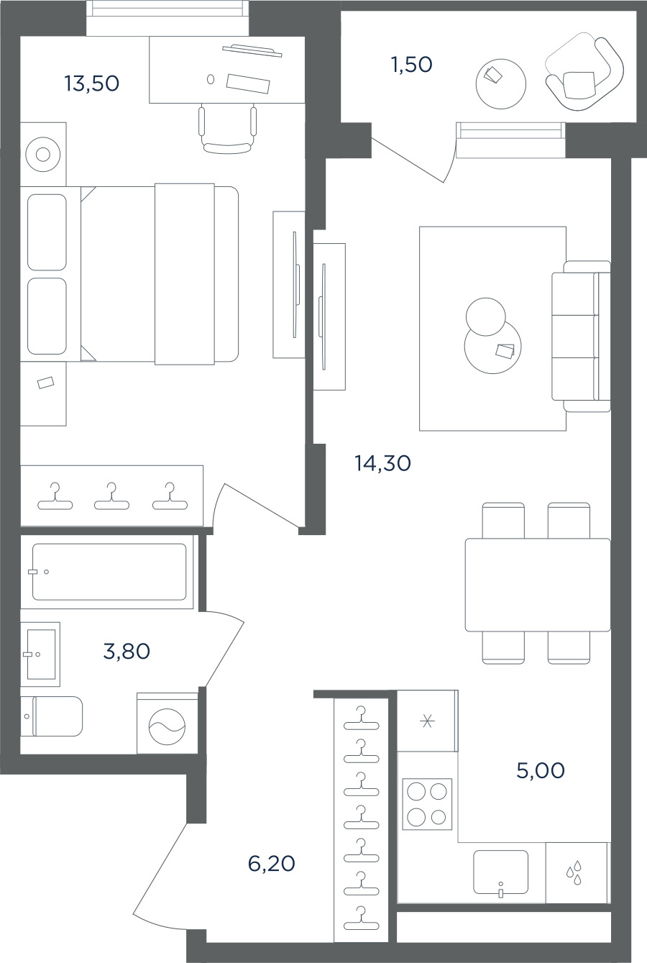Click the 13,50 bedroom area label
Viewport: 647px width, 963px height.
[x=92, y=83]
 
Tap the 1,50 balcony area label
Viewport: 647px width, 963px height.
[x=412, y=65]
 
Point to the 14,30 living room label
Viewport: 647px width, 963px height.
[x=382, y=463]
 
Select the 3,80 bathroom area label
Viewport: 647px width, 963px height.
[x=127, y=652]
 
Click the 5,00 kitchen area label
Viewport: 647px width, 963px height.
[x=541, y=770]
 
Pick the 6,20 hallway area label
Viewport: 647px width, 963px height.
[x=272, y=863]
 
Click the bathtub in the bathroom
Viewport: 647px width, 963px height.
[x=109, y=572]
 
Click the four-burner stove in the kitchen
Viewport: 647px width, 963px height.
[x=427, y=804]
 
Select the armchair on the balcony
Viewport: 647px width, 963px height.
[x=584, y=74]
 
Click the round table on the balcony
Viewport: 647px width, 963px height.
[x=501, y=83]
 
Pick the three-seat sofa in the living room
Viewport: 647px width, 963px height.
[x=582, y=336]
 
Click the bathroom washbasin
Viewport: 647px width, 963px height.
[x=40, y=654]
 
